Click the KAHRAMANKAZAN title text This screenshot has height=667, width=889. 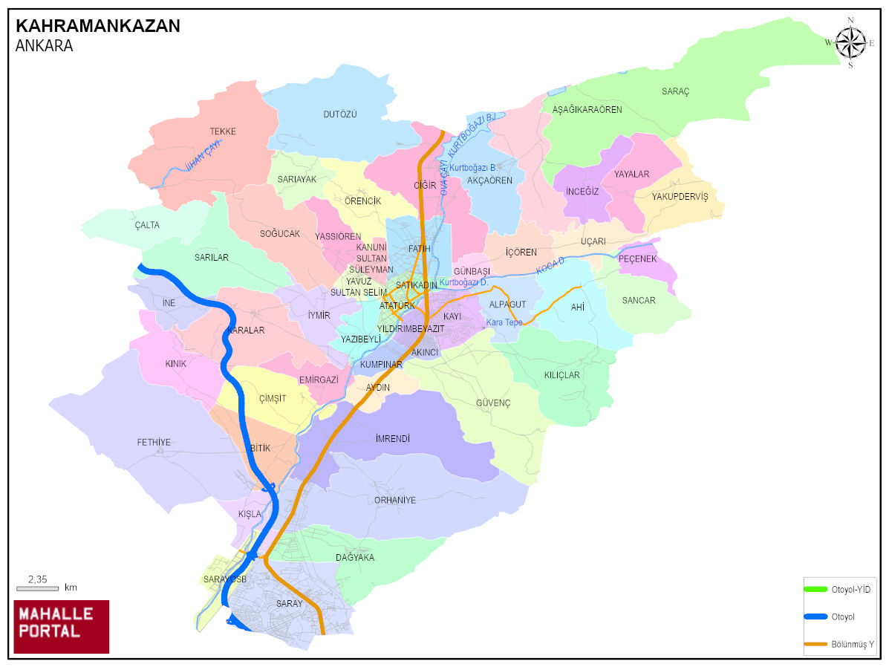97,26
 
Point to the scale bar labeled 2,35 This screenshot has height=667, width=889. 37,588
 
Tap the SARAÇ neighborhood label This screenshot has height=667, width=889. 675,91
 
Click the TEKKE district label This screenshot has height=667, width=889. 223,131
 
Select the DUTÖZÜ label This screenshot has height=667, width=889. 340,114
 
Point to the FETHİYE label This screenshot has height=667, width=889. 154,443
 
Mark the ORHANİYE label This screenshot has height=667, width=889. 395,500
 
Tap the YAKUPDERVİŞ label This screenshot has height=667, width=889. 680,197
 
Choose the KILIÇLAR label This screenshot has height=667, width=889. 562,375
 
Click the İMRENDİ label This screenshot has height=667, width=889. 393,439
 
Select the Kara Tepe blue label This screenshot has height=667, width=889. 504,322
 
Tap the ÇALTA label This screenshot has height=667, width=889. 147,225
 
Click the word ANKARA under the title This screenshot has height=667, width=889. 44,45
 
